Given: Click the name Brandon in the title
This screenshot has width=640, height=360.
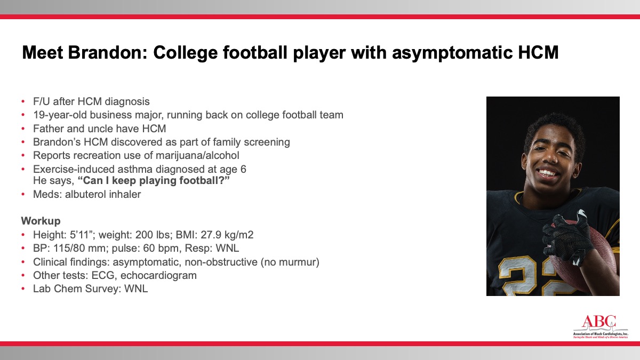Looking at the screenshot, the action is pos(107,52).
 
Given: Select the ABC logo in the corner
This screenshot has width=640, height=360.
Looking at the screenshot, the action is pos(601,327).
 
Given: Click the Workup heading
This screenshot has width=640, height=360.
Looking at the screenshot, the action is pos(41,221).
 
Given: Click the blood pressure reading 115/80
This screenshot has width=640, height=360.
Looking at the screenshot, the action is pos(66,249).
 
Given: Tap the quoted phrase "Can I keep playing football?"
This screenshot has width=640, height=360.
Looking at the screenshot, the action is pos(154,181).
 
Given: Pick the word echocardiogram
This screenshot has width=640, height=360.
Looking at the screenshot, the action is pos(158,275).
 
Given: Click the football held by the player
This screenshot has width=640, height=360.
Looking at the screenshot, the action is pos(583,257).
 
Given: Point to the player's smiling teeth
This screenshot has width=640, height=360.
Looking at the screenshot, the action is pos(548,173).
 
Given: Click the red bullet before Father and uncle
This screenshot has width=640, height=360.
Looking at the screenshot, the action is pos(23,129).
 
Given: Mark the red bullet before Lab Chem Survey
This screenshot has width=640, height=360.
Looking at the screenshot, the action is pos(23,289).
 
